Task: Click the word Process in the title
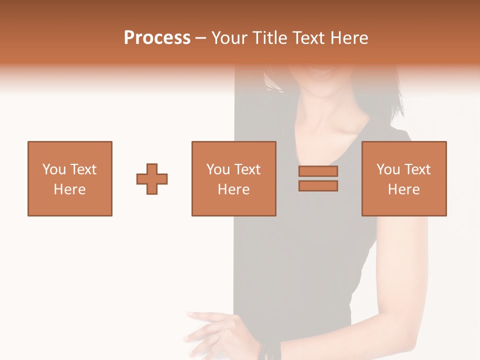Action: pyautogui.click(x=157, y=38)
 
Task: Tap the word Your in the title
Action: pyautogui.click(x=229, y=38)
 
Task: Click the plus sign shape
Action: pyautogui.click(x=152, y=178)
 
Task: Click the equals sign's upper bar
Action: pyautogui.click(x=318, y=171)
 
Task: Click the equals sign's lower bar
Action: pyautogui.click(x=318, y=185)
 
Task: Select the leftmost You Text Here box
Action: pyautogui.click(x=70, y=178)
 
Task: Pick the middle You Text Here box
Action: pyautogui.click(x=233, y=178)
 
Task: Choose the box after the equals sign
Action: pyautogui.click(x=403, y=178)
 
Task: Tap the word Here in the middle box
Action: pyautogui.click(x=233, y=189)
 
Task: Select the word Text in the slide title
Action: pyautogui.click(x=307, y=38)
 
